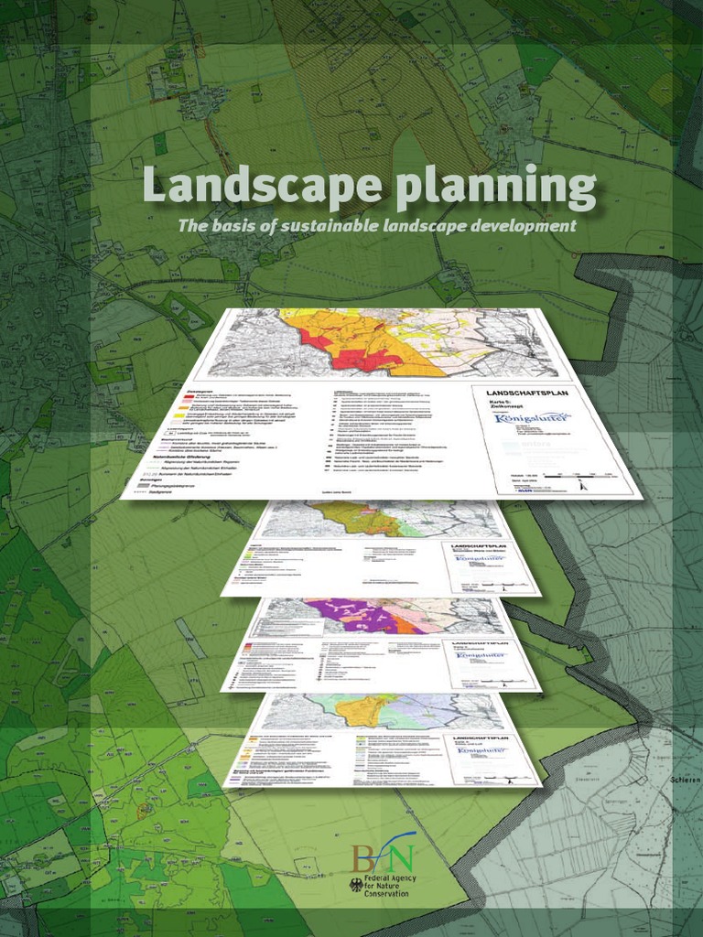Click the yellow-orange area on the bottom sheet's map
point(365,709)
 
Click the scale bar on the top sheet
point(578,476)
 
